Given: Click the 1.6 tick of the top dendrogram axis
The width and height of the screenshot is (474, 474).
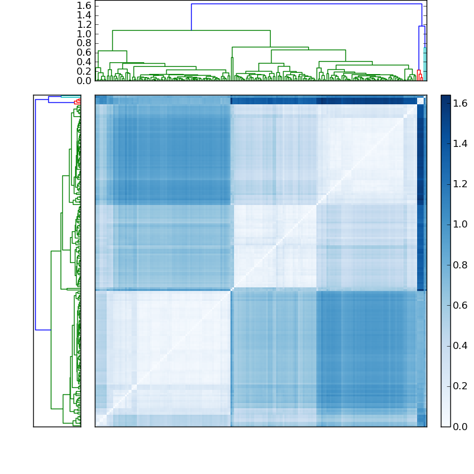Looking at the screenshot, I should pos(84,5).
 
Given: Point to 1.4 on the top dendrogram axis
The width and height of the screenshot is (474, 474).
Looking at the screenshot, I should pos(84,15).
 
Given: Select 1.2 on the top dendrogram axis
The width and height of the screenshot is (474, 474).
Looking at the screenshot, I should pos(84,24).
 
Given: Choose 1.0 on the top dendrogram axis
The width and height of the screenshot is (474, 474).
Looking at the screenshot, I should pos(84,34).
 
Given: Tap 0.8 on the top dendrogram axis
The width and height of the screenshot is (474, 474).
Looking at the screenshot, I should pos(84,43).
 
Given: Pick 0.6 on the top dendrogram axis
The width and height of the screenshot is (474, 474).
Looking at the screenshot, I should pos(84,52).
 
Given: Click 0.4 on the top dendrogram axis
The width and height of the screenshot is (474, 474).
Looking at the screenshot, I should pos(84,62).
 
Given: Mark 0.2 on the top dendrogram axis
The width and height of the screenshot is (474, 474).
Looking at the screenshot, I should pos(84,71).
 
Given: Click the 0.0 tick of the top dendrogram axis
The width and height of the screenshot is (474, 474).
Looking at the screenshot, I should pos(84,81).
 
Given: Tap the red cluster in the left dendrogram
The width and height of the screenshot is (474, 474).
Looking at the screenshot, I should pos(78,101).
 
